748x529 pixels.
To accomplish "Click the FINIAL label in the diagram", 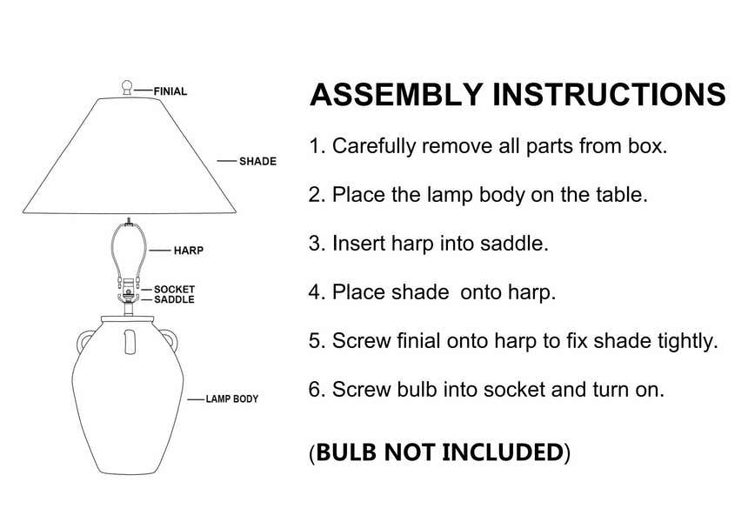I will point(170,90).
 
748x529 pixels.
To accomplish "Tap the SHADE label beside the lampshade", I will point(257,161).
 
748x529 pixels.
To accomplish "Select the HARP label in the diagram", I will point(188,251).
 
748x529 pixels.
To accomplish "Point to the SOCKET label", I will point(174,289).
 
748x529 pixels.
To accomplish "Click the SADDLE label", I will point(174,299).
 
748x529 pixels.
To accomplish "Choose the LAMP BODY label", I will point(231,399).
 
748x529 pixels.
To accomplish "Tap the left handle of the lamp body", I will point(83,340).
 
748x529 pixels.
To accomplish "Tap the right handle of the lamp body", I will point(170,340).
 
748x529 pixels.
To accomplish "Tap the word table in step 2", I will point(618,195).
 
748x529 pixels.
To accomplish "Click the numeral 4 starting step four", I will point(315,292).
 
